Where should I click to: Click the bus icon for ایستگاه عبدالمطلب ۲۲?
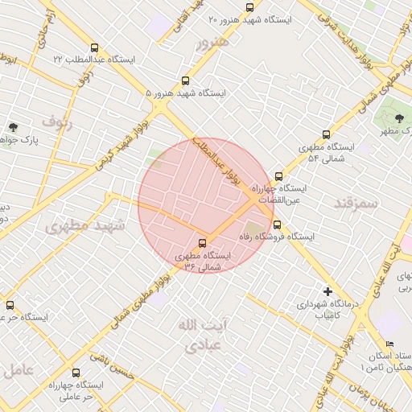tap(95, 47)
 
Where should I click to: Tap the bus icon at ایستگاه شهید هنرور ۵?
tap(185, 80)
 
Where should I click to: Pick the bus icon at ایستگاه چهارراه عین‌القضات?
tap(278, 176)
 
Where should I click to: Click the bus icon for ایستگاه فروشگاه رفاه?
tap(278, 225)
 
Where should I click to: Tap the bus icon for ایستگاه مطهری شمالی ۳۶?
tap(201, 243)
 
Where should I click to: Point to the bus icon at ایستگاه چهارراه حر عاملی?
tap(76, 373)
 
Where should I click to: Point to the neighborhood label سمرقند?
tap(355, 202)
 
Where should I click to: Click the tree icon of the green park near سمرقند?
tap(399, 119)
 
